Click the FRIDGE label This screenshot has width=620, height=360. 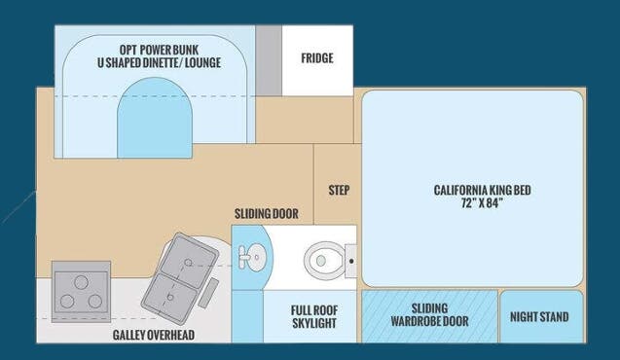(x=317, y=58)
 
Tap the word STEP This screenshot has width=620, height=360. (x=339, y=190)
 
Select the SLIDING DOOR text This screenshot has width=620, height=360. (x=266, y=214)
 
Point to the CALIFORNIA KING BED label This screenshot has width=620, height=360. (x=482, y=190)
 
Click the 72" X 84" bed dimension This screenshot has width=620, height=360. (x=482, y=202)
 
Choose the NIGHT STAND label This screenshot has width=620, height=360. (x=539, y=317)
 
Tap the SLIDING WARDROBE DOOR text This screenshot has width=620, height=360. (x=429, y=315)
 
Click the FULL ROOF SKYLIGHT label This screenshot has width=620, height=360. (x=314, y=317)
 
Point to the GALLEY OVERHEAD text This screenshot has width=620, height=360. (x=154, y=335)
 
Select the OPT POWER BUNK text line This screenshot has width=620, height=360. (x=159, y=50)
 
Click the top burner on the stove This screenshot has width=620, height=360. (x=81, y=282)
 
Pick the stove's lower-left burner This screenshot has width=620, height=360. (x=67, y=302)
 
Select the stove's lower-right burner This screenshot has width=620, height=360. (x=95, y=302)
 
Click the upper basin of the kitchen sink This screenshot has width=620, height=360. (x=189, y=257)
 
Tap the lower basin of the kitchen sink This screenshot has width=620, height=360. (x=170, y=297)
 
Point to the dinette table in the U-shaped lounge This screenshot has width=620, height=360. (x=155, y=118)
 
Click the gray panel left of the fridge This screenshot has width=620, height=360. (x=269, y=61)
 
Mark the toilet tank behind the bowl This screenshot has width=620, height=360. (x=350, y=261)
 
